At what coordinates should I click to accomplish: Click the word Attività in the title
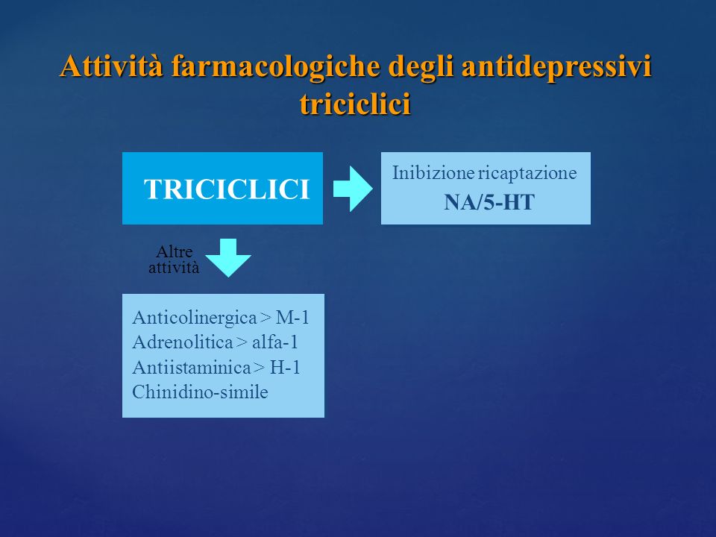pos(111,66)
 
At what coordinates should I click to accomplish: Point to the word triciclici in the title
pos(355,103)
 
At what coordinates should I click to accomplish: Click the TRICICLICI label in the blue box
pos(227,189)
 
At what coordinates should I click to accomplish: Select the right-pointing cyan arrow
pos(353,189)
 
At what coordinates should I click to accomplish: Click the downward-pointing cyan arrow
pos(228,257)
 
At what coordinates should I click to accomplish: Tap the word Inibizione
pos(433,173)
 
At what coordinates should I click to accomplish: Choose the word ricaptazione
pos(527,174)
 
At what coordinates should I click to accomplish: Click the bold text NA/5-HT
pos(489,202)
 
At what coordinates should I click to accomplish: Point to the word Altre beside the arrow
pos(175,251)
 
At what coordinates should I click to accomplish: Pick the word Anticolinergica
pos(195,318)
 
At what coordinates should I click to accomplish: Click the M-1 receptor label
pos(292,318)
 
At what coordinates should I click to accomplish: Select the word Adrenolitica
pos(183,342)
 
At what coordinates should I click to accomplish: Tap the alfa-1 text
pos(275,342)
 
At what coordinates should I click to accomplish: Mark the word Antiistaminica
pos(192,367)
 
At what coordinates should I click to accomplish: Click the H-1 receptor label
pos(285,367)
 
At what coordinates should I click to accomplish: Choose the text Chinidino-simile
pos(200,392)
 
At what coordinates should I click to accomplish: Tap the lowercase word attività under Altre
pos(174,267)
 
